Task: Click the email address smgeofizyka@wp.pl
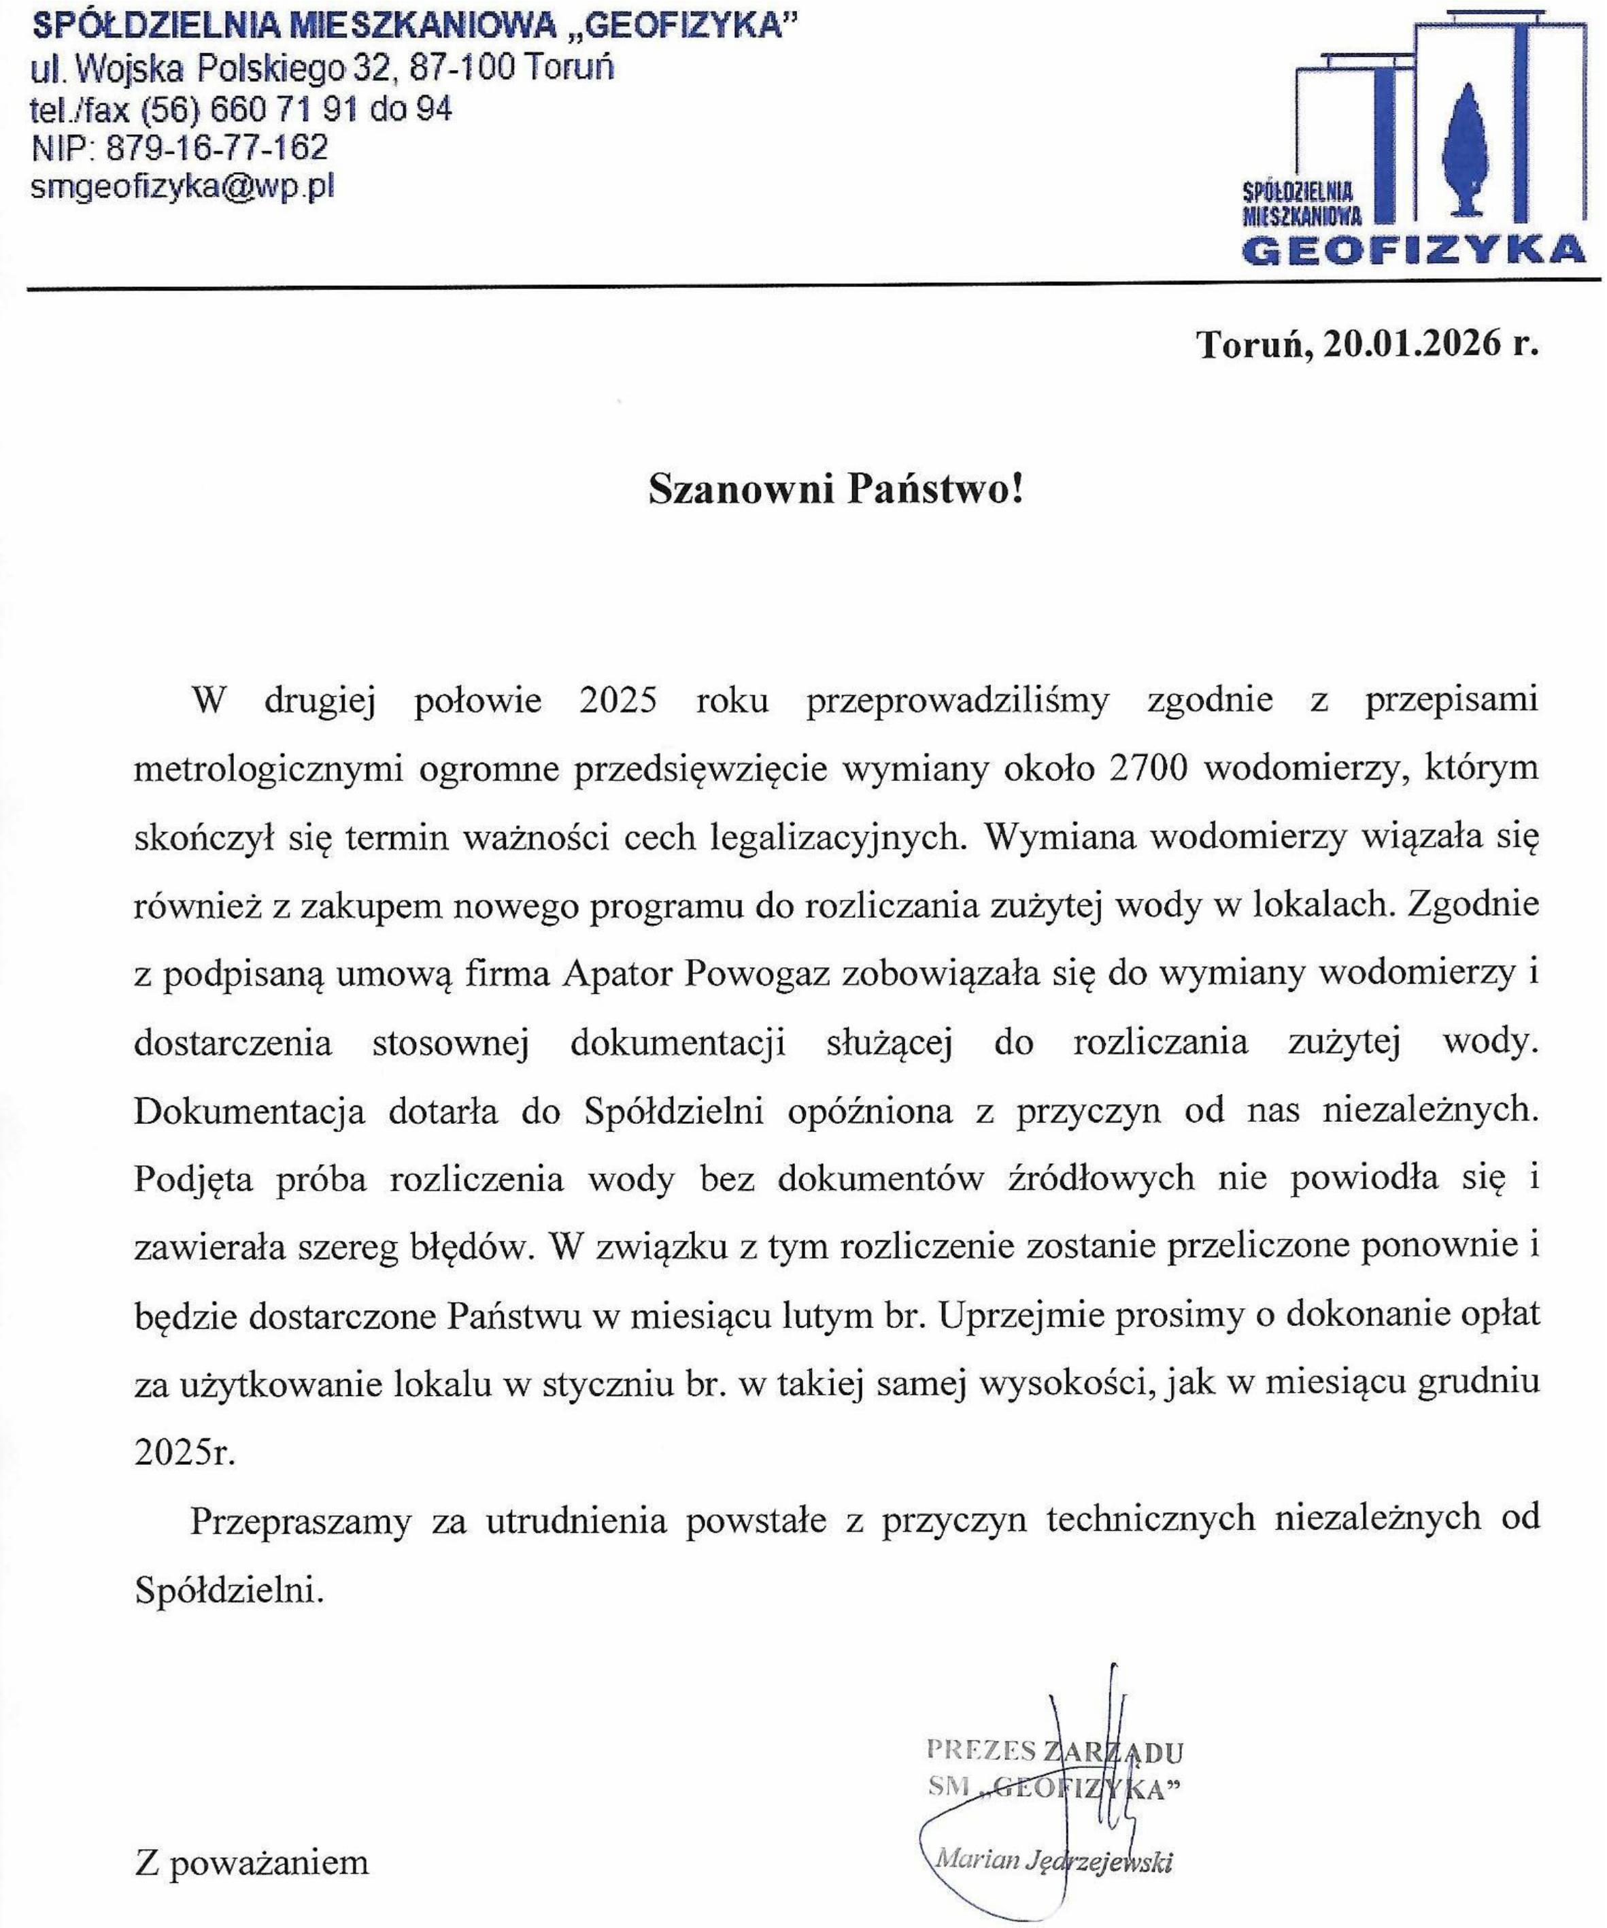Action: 183,187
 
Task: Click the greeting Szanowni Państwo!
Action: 834,491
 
